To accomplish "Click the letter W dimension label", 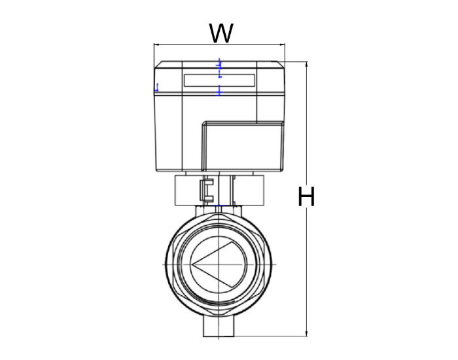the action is coord(221,33).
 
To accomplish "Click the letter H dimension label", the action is coord(306,196).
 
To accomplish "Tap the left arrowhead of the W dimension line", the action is coord(156,45).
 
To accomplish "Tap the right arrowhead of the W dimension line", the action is coord(283,45).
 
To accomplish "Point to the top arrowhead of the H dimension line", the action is coord(306,64).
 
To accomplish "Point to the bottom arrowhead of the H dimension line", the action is coord(306,333).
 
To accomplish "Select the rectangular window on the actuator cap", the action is coord(219,81).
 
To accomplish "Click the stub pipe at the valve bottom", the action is coord(219,326).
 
